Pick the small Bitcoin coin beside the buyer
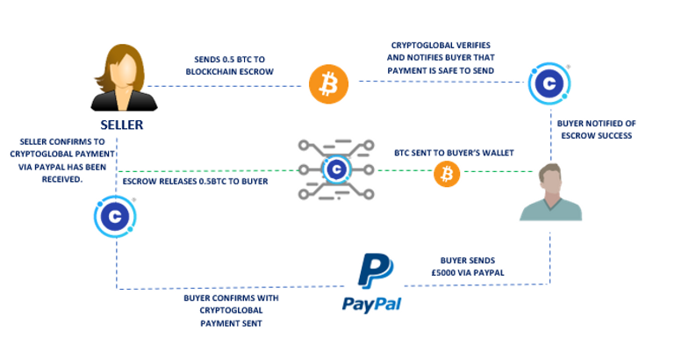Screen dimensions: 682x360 447,175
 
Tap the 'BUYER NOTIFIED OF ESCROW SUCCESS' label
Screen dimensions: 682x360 598,129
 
